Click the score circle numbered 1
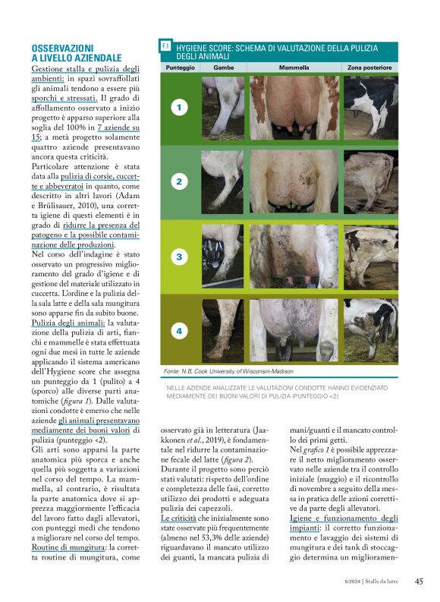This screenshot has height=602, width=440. tap(179, 108)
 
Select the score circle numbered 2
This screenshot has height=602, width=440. tap(179, 182)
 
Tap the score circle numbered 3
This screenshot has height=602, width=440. tap(179, 257)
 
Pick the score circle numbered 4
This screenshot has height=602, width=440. tap(179, 331)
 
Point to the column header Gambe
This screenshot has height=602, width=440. tap(223, 68)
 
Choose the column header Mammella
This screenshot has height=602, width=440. tap(294, 68)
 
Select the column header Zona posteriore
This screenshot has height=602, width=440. tap(369, 68)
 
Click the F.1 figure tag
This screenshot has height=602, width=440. tap(166, 47)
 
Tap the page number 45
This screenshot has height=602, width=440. tap(419, 582)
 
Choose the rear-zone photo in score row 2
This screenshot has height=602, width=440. tap(370, 182)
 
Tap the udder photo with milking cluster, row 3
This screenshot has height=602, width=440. tap(294, 257)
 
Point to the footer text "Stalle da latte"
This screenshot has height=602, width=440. tap(387, 582)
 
